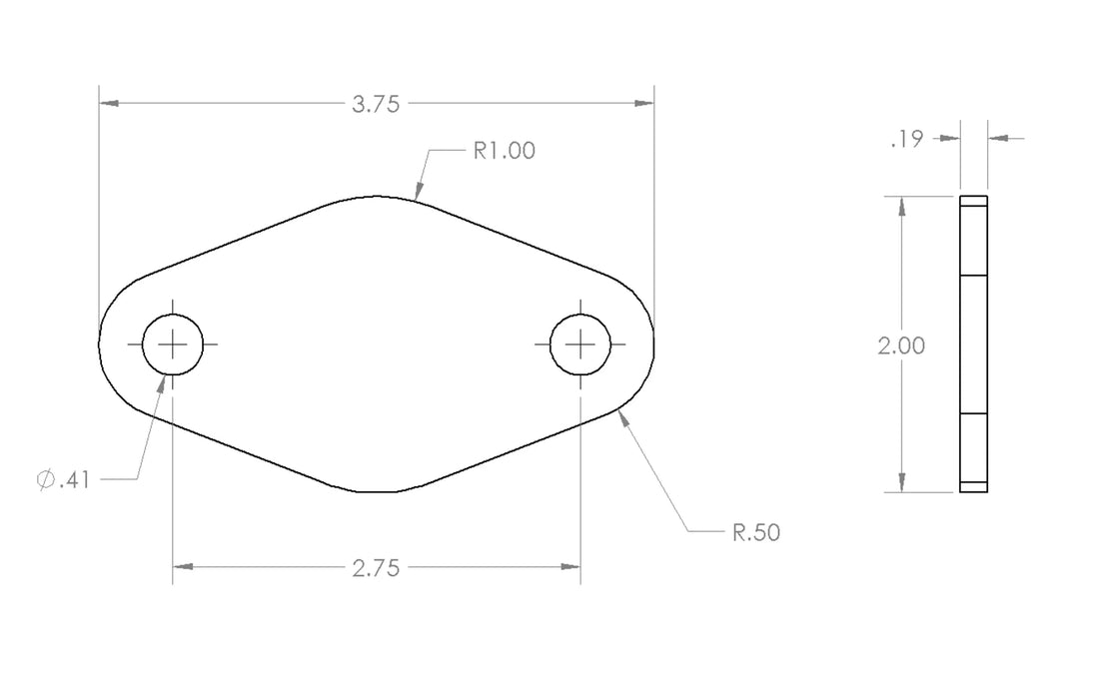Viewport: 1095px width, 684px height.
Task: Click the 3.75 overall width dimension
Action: tap(376, 104)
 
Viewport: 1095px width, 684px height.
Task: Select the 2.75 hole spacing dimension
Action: tap(376, 568)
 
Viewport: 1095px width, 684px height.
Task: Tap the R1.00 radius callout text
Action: tap(505, 151)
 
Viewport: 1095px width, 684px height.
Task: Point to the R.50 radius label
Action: tap(756, 532)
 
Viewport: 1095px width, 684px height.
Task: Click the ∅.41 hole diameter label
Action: tap(64, 480)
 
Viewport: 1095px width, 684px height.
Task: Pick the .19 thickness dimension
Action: tap(907, 139)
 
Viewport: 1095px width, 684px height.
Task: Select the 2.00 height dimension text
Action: tap(901, 345)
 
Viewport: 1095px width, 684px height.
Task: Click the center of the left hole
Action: tap(173, 344)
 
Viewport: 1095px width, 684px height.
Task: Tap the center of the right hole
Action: tap(580, 344)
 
